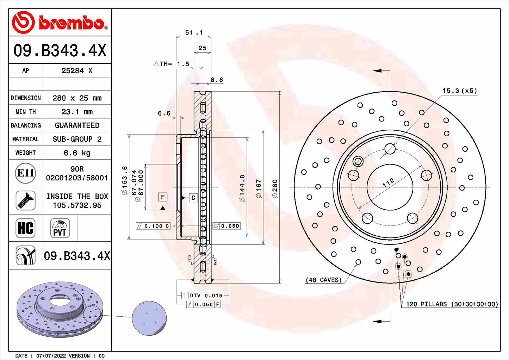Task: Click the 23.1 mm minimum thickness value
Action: coord(77,112)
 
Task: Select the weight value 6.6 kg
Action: coord(77,153)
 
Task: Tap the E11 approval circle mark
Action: coord(26,173)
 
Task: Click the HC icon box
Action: coord(26,228)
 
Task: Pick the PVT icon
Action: coord(60,228)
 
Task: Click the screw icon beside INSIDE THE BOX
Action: coord(26,200)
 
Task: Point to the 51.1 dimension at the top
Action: coord(194,32)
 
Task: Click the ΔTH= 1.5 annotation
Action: coord(172,64)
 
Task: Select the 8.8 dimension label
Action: coord(217,80)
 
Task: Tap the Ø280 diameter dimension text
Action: coord(275,188)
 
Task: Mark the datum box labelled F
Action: coord(163,197)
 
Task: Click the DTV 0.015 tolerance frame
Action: coord(203,296)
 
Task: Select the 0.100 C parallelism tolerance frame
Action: coord(153,226)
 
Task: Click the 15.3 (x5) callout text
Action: coord(459,91)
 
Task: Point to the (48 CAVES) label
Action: coord(323,280)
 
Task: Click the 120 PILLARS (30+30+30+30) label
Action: coord(452,304)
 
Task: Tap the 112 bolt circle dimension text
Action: coord(388,182)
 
